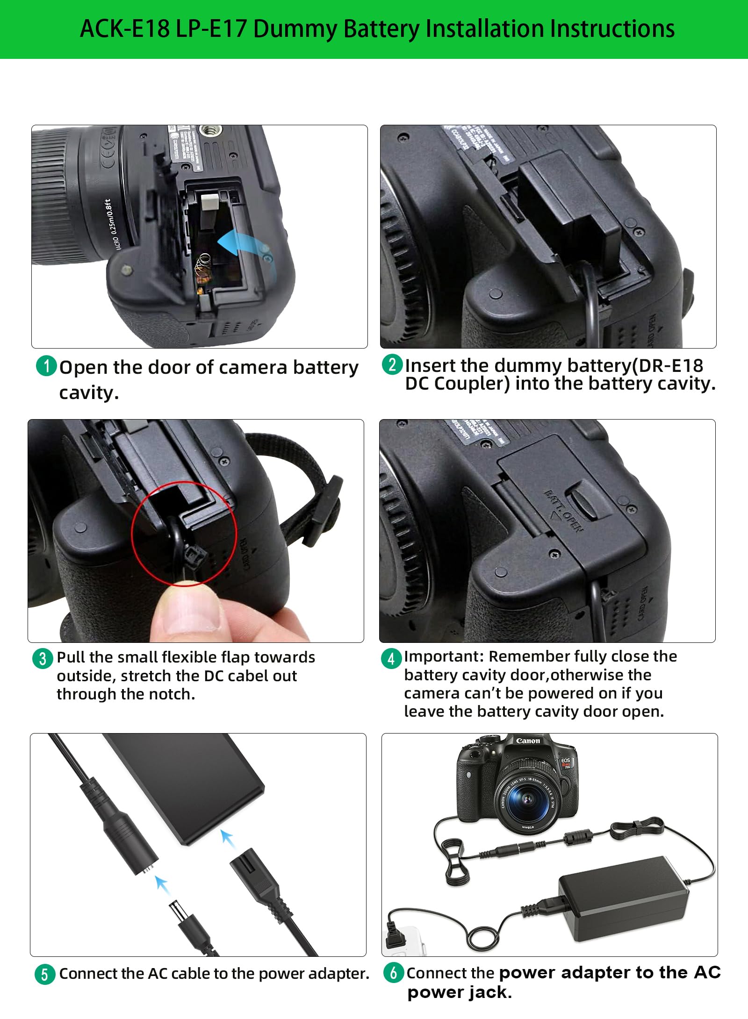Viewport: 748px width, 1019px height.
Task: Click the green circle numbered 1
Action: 46,366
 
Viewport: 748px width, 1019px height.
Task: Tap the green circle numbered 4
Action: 391,658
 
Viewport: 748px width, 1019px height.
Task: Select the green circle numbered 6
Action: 394,972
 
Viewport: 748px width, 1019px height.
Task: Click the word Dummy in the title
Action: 295,29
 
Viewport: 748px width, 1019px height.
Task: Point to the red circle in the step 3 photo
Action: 184,534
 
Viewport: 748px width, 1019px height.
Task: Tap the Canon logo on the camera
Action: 528,741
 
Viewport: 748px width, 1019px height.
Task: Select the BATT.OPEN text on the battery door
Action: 563,511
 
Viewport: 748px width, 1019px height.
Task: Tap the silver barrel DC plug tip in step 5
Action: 178,911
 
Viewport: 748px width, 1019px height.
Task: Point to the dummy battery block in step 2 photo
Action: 568,206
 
